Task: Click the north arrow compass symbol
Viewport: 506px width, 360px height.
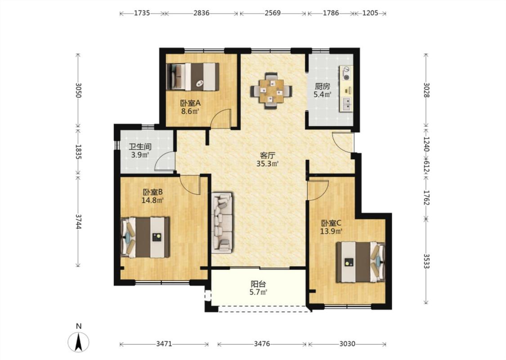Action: click(x=78, y=342)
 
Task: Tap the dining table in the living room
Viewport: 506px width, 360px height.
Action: click(x=271, y=91)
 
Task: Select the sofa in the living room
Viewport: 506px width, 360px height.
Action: click(x=222, y=223)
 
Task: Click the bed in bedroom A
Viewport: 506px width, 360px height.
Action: click(x=193, y=76)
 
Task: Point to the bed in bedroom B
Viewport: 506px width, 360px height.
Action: click(x=145, y=237)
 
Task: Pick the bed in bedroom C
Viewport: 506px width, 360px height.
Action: click(x=361, y=262)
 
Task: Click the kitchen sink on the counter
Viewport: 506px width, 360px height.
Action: click(x=347, y=104)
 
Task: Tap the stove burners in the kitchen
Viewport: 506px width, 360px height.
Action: click(x=347, y=74)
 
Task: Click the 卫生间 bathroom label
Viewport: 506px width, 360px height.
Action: click(x=140, y=147)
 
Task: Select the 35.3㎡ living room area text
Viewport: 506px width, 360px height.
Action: click(x=267, y=164)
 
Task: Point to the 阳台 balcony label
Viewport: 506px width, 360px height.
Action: click(x=259, y=284)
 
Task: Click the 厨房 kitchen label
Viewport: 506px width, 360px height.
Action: click(x=322, y=86)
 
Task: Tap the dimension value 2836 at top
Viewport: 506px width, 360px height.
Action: click(x=202, y=13)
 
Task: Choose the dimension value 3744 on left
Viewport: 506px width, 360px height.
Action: click(x=78, y=221)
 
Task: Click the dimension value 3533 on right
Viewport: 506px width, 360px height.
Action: click(x=426, y=261)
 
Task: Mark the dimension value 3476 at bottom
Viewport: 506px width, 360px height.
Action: click(x=262, y=344)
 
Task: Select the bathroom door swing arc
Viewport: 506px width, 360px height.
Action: click(x=165, y=161)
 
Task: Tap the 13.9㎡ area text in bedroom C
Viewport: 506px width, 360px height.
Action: click(x=331, y=231)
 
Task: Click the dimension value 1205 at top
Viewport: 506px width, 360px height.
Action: click(x=370, y=13)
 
